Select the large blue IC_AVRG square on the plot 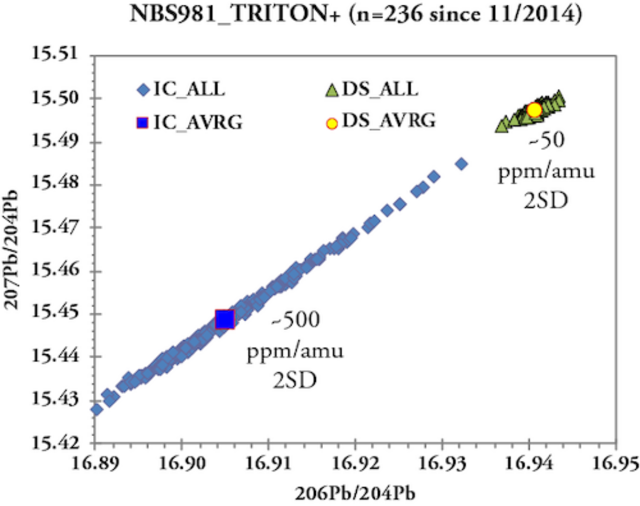(225, 319)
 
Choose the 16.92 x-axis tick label (355, 463)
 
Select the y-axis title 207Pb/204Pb (15, 249)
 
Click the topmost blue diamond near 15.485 (462, 164)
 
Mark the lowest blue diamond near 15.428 (97, 409)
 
